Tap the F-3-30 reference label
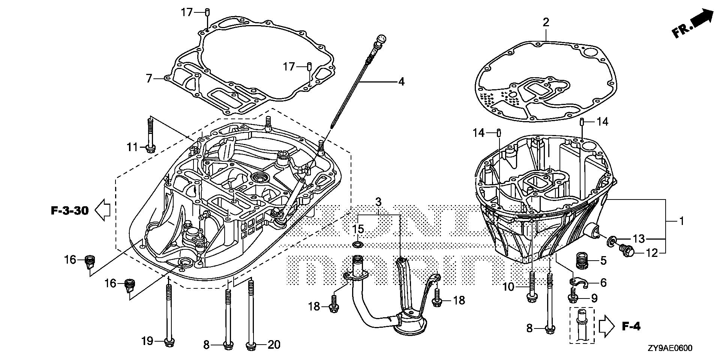[x=70, y=211]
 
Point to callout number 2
[x=546, y=22]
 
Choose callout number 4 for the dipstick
[x=401, y=81]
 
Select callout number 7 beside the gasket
[x=149, y=79]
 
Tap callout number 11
[x=132, y=147]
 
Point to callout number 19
[x=147, y=341]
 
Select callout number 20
[x=274, y=345]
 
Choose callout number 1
[x=681, y=221]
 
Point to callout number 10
[x=508, y=288]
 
